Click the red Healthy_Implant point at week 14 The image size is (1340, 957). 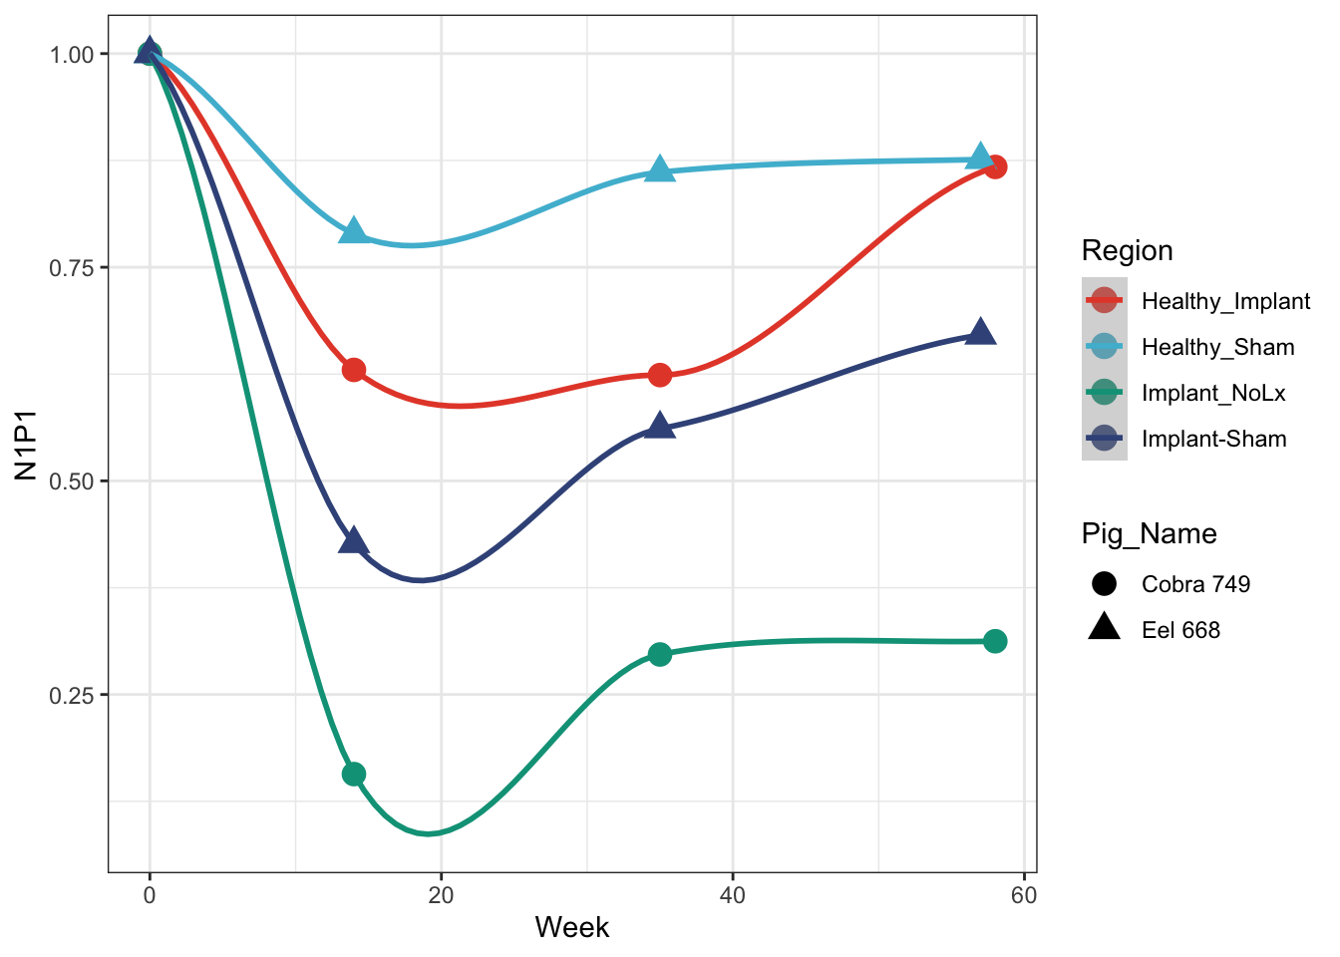click(354, 370)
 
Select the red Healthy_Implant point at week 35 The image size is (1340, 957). click(660, 375)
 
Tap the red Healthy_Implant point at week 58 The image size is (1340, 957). click(995, 166)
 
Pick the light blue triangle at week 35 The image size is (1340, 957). click(660, 169)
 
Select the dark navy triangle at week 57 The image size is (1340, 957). click(981, 333)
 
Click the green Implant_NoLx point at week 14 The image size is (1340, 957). click(354, 774)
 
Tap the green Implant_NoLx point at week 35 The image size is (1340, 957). click(660, 654)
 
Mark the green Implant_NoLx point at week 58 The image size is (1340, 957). click(995, 641)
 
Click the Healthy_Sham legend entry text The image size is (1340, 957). click(1217, 347)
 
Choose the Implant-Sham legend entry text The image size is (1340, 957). click(1213, 439)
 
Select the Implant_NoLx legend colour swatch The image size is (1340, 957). click(1104, 393)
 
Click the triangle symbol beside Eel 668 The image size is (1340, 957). click(1104, 628)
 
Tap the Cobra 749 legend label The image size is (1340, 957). click(1195, 584)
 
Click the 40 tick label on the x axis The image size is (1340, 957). click(733, 895)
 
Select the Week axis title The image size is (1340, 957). click(571, 928)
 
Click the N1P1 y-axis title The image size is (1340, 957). click(26, 447)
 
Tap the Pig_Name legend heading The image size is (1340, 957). click(1149, 534)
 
